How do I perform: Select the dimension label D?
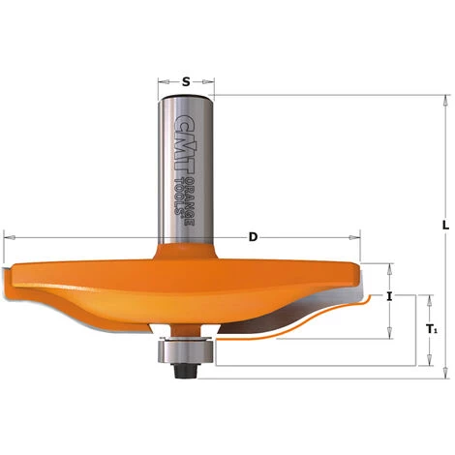[x=253, y=235]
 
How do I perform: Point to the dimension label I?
[x=389, y=297]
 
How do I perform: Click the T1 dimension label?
[x=432, y=329]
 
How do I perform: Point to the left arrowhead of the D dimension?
[x=8, y=235]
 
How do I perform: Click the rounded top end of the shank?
[x=183, y=101]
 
